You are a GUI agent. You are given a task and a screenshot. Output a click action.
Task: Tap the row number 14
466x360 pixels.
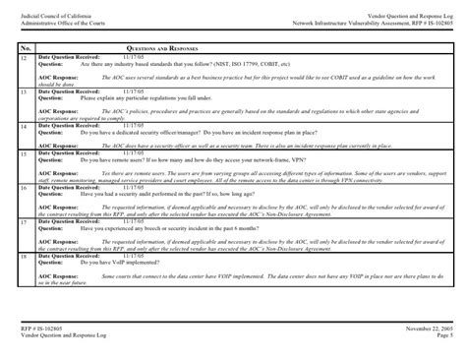click(24, 128)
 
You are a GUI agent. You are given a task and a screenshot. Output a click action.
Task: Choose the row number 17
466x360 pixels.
click(24, 223)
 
